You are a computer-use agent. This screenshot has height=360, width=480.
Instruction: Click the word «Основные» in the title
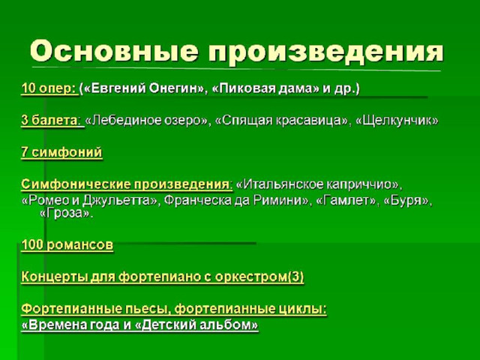pos(114,51)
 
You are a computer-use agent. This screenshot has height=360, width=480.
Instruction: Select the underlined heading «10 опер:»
pos(49,89)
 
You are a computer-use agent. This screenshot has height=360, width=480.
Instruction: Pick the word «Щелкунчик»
pos(397,121)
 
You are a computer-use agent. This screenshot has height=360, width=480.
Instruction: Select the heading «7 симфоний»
pos(61,152)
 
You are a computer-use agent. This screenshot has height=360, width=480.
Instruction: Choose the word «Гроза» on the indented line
pos(65,213)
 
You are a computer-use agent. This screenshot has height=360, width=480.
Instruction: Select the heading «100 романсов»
pos(67,245)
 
